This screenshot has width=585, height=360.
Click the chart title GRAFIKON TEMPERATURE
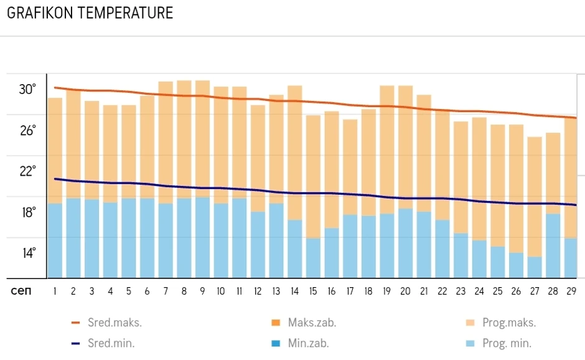[90, 13]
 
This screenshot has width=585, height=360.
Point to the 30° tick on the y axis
[27, 90]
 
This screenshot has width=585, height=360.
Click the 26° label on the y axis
[27, 131]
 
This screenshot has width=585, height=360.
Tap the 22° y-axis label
[27, 171]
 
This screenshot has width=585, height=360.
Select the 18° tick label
[27, 212]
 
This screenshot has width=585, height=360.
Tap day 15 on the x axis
[313, 291]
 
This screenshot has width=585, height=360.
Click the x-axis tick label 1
[55, 291]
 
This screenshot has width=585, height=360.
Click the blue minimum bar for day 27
[535, 267]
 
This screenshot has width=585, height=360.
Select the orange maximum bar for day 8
[184, 137]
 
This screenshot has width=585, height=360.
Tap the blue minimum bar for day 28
[553, 245]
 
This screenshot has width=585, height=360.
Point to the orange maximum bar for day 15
[313, 174]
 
